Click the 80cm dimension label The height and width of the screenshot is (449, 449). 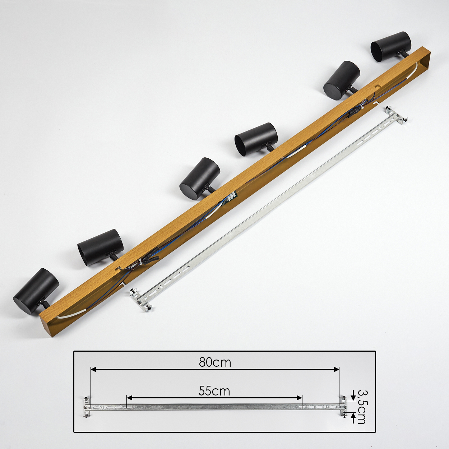pos(215,362)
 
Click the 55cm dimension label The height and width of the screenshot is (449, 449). pos(214,391)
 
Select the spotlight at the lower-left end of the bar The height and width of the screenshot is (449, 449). pos(36,291)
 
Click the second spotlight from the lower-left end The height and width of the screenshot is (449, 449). pos(101,247)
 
